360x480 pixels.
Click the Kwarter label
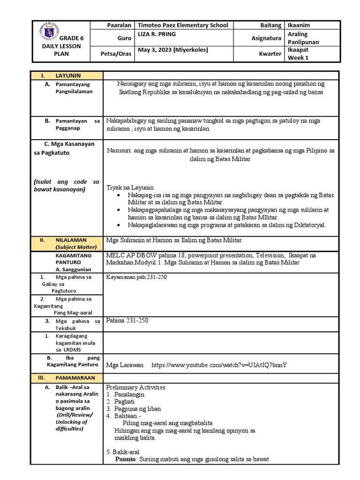pos(270,54)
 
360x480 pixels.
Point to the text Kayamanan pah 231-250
pos(137,277)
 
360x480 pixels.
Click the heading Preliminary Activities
pos(136,387)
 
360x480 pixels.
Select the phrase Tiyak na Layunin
pos(130,187)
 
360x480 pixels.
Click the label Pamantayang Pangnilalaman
pos(74,88)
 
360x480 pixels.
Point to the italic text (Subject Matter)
pos(75,247)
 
